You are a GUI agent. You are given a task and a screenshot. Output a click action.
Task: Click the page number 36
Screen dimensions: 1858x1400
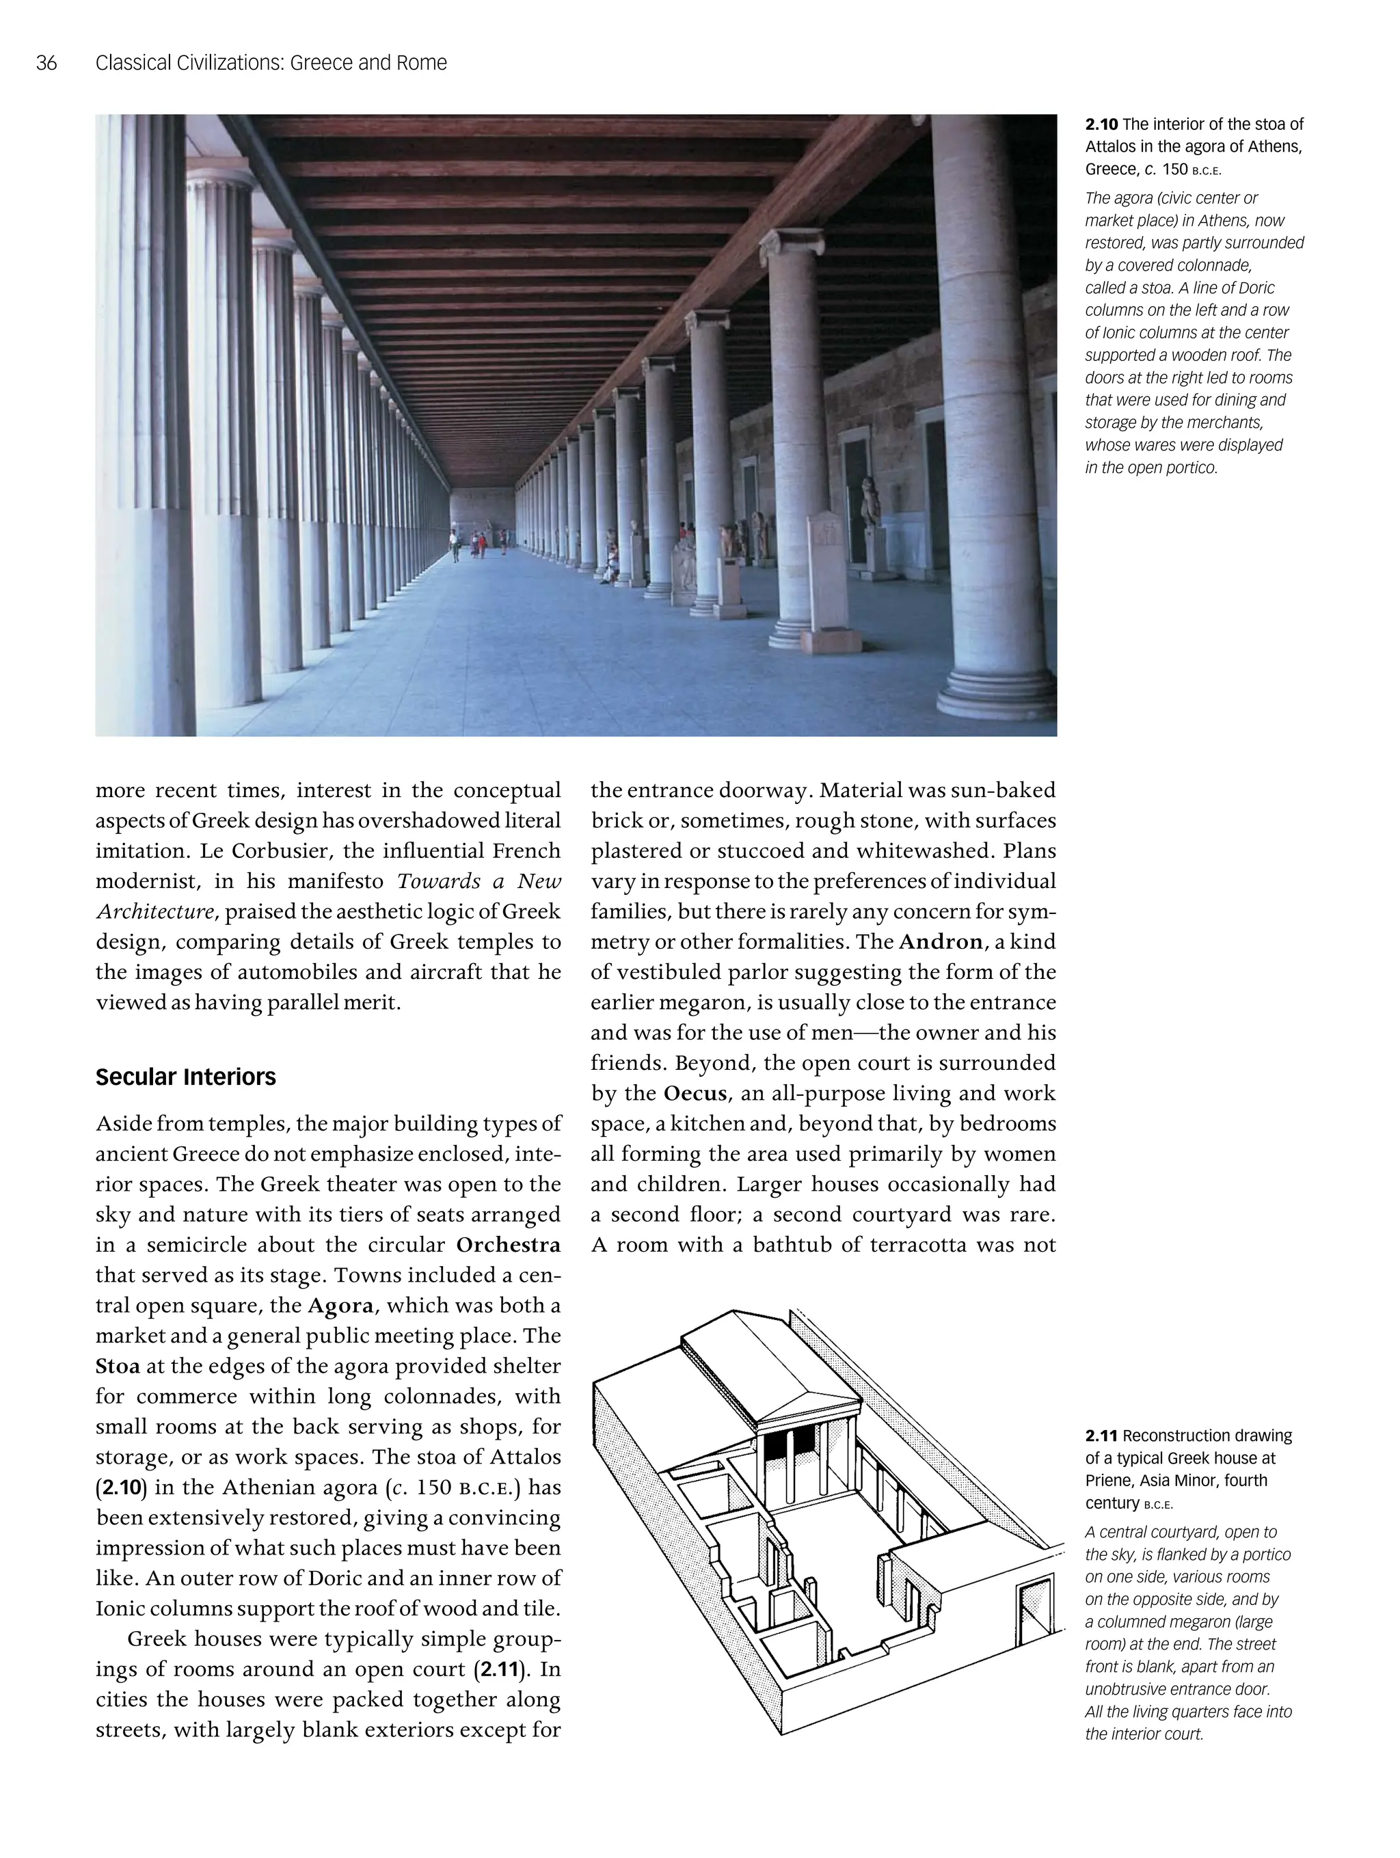pos(46,63)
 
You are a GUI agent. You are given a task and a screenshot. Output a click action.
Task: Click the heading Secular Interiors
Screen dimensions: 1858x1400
pos(186,1077)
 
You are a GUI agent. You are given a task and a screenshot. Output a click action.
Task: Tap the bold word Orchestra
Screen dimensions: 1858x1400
pos(508,1245)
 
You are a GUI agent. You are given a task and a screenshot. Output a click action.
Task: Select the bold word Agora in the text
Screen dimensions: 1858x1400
pos(340,1305)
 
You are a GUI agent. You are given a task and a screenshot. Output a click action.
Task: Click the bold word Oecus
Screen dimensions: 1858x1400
pos(695,1094)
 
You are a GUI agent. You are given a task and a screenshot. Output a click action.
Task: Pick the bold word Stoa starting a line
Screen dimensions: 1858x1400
pos(118,1366)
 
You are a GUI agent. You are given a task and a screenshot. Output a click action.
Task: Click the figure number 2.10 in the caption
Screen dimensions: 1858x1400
pos(1101,124)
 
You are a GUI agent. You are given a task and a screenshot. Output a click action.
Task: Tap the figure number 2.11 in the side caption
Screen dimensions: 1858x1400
pos(1101,1436)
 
